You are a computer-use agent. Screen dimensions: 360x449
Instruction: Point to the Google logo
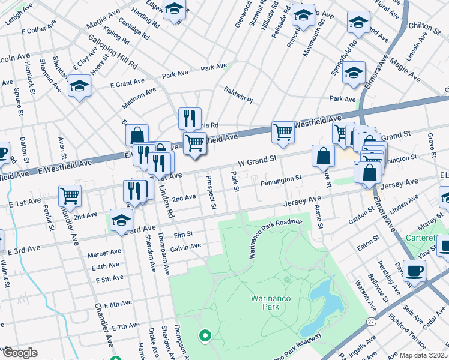pos(19,353)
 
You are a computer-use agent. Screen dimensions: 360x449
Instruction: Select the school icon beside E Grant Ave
pos(79,86)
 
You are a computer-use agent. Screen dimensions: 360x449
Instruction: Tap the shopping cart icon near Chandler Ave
pos(70,195)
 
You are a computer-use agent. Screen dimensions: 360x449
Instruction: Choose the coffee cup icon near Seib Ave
pos(415,270)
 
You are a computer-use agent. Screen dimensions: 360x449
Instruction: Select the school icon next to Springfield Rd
pos(354,72)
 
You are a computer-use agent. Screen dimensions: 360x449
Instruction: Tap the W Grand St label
pos(257,161)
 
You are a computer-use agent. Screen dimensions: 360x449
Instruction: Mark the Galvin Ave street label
pos(185,247)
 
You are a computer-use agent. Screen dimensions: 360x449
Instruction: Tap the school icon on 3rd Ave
pos(121,220)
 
